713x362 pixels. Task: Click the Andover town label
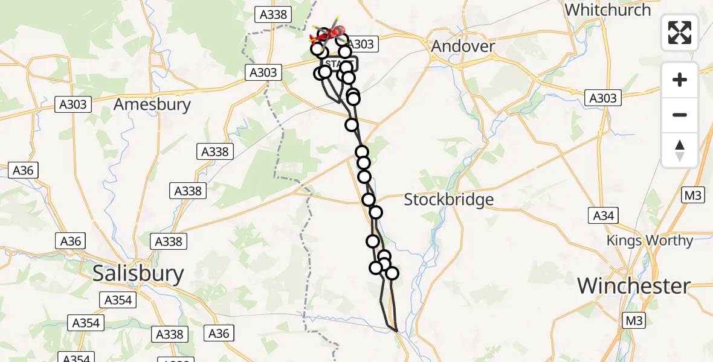pos(464,46)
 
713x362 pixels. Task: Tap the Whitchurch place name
pos(607,10)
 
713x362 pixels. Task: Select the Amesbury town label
pos(152,104)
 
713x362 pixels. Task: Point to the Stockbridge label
pos(448,199)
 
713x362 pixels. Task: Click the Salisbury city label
pos(138,274)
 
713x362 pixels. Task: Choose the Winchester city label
pos(634,285)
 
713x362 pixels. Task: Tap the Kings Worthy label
pos(650,241)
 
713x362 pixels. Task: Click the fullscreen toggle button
pos(680,33)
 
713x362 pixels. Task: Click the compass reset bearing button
pos(680,150)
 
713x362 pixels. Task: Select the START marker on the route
pos(340,64)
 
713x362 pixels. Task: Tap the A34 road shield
pos(604,215)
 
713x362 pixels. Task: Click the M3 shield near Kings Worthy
pos(692,195)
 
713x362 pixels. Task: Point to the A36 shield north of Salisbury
pos(71,241)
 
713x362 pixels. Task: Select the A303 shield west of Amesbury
pos(73,105)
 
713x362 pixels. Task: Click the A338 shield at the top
pos(273,15)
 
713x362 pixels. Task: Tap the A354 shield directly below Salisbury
pos(118,300)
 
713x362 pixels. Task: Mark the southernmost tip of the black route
pos(396,331)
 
